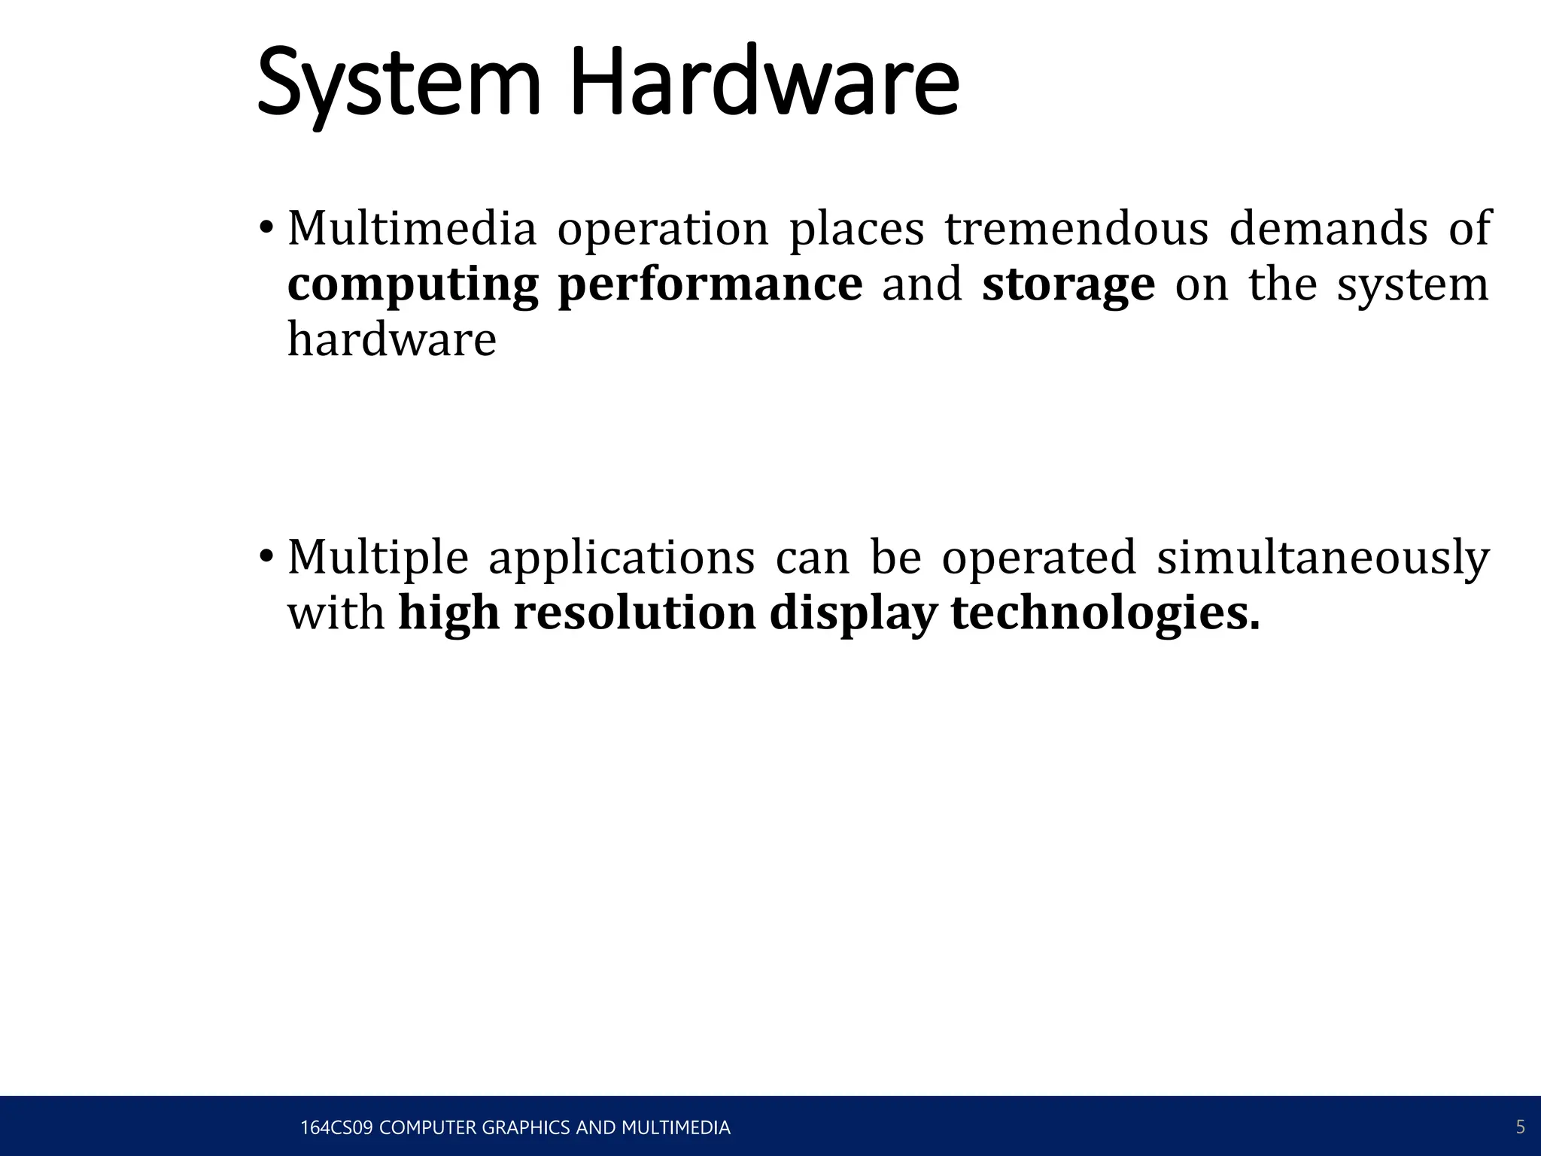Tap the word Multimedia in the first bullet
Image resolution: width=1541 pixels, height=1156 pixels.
tap(412, 228)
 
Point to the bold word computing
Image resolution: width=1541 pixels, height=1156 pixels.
tap(412, 285)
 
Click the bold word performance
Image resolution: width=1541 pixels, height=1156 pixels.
tap(710, 284)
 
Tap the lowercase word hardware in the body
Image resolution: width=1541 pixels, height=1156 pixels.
tap(392, 339)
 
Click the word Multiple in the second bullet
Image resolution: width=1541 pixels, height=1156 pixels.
tap(378, 558)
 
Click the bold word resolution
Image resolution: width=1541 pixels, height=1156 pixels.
tap(634, 613)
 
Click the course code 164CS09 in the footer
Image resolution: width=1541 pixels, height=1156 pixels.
tap(336, 1127)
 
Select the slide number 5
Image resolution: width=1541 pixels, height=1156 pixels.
tap(1520, 1127)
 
